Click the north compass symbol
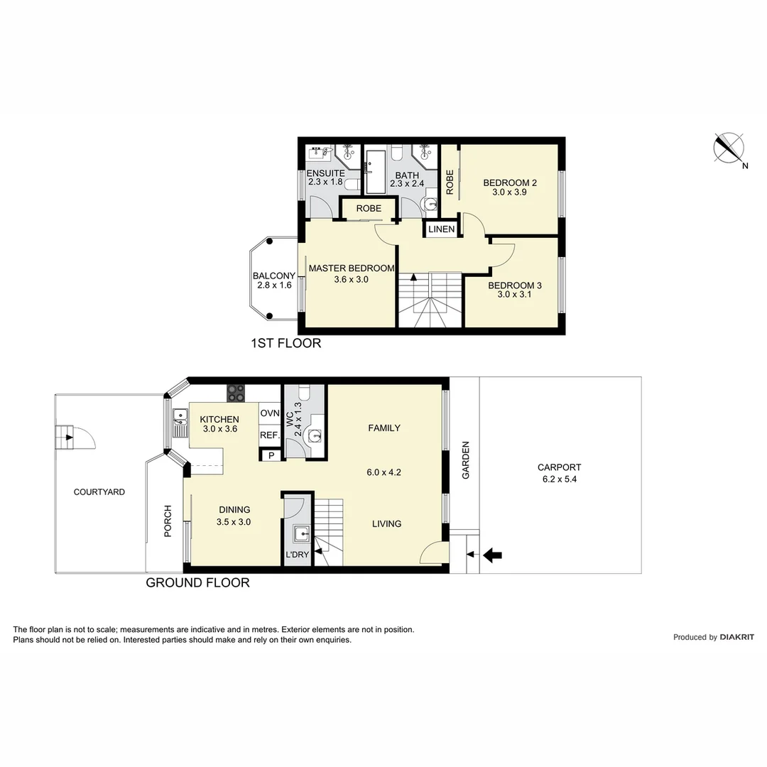[x=729, y=148]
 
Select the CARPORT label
[x=559, y=467]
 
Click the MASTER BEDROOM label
[x=351, y=268]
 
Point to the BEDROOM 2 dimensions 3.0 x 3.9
[x=509, y=192]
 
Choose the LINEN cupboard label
[x=441, y=229]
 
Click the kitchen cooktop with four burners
[x=236, y=393]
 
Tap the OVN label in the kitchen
[x=269, y=413]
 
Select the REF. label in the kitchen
[x=268, y=435]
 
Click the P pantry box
[x=271, y=456]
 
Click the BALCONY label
[x=273, y=276]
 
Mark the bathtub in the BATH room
[x=375, y=171]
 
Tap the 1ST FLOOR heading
[x=285, y=344]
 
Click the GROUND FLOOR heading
[x=197, y=583]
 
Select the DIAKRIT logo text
[x=736, y=637]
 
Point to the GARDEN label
[x=466, y=460]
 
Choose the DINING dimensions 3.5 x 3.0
[x=234, y=521]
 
